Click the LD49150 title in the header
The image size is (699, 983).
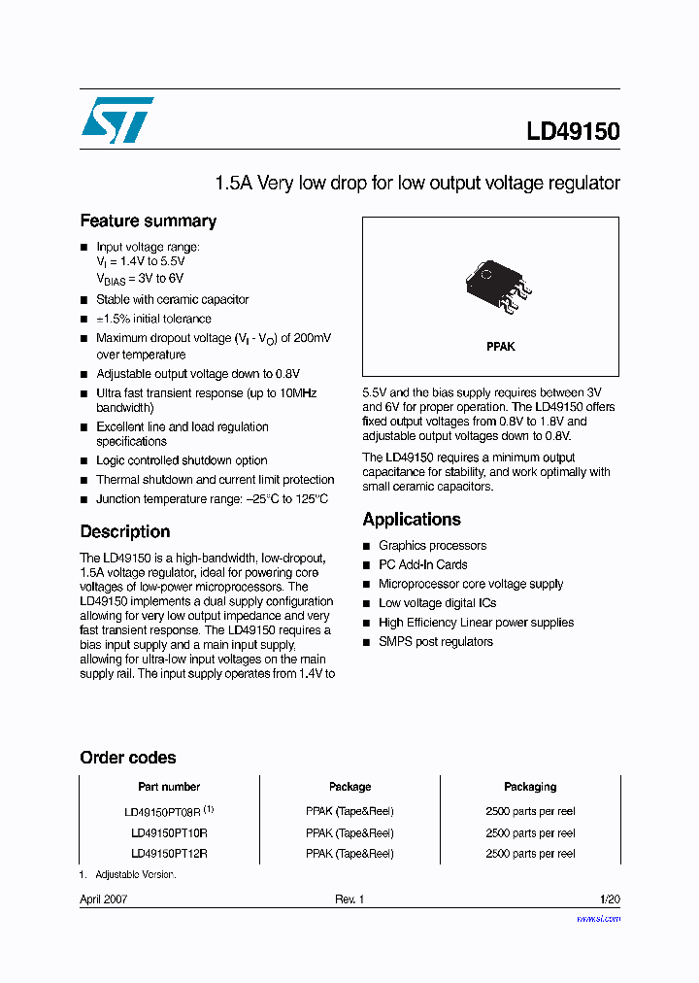(x=573, y=131)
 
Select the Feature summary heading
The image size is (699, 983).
(x=148, y=220)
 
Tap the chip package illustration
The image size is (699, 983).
(x=498, y=285)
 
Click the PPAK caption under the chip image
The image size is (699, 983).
(x=500, y=347)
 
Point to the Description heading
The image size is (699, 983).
(x=124, y=531)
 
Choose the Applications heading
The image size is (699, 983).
(x=412, y=519)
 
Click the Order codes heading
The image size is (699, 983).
(x=127, y=758)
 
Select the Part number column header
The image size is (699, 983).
(x=169, y=787)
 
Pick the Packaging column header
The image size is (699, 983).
(x=530, y=787)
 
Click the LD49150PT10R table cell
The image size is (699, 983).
(x=169, y=832)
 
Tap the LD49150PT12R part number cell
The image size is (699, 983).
(x=169, y=854)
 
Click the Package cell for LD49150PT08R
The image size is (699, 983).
(x=349, y=811)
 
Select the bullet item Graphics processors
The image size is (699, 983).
(x=432, y=546)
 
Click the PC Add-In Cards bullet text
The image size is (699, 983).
(x=422, y=564)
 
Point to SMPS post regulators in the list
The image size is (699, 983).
(x=435, y=641)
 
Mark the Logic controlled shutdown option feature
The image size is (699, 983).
(x=182, y=460)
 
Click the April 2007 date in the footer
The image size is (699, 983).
(x=103, y=899)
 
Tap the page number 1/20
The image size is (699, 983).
(x=610, y=899)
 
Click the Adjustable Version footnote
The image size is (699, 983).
(x=135, y=874)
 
